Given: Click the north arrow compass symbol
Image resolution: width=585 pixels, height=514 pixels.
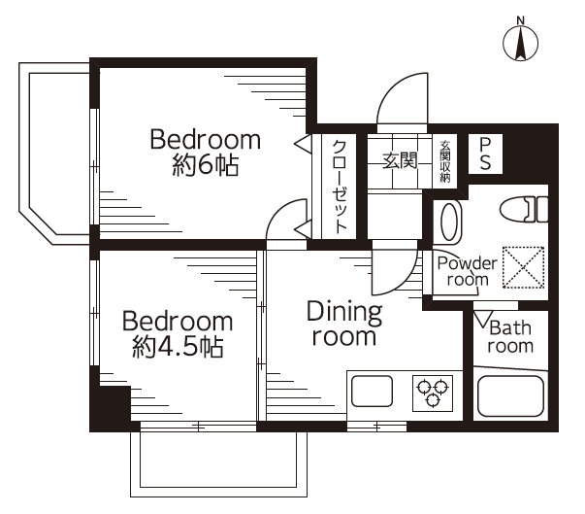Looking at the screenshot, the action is click(520, 43).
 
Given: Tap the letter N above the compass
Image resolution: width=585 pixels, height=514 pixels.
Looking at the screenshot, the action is click(520, 20).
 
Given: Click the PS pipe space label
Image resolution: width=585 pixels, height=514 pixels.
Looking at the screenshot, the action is click(485, 154).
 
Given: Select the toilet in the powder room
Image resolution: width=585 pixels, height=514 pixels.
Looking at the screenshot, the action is click(524, 210).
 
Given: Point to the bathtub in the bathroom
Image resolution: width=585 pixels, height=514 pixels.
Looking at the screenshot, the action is click(510, 396).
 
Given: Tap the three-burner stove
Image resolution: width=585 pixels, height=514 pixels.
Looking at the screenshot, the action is click(433, 393).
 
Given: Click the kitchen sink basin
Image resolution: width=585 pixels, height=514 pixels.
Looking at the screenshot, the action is click(372, 391).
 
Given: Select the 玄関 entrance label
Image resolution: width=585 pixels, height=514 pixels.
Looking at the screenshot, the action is click(400, 161).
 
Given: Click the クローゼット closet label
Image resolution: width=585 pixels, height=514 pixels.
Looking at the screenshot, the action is click(340, 187).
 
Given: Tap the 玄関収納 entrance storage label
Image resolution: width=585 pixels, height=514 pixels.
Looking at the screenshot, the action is click(445, 161).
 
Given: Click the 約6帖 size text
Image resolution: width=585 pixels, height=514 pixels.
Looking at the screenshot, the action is click(206, 165).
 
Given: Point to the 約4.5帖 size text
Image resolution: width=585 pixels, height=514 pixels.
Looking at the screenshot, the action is click(178, 347).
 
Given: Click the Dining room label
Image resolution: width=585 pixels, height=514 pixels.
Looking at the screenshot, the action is click(344, 324).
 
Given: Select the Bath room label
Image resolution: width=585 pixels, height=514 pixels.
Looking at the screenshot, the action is click(510, 337).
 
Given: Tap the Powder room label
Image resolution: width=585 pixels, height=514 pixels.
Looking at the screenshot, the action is click(467, 271).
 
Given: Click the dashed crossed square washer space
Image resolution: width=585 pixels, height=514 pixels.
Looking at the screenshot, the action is click(523, 267).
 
